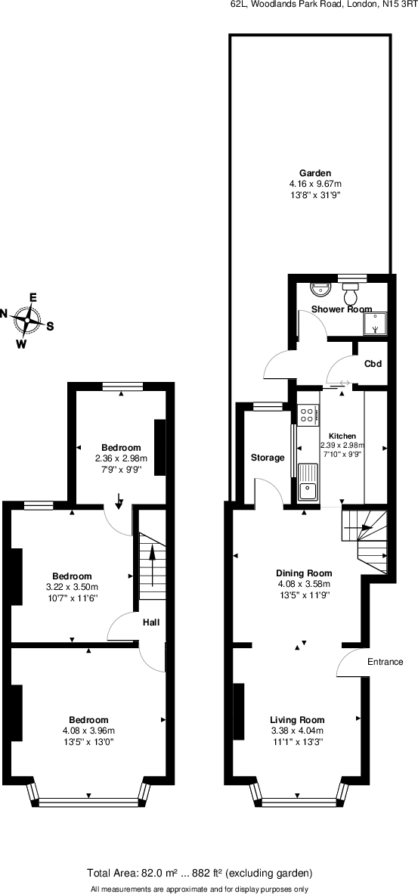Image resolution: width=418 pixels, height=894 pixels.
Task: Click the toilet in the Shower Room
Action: [350, 291]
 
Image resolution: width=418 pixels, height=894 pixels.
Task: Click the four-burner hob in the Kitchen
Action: [308, 414]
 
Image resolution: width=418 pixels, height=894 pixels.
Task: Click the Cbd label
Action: [373, 364]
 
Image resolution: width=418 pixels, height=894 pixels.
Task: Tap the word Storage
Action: [268, 458]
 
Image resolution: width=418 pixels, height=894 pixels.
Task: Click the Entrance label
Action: [385, 662]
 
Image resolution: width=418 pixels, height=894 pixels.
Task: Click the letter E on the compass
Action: [33, 297]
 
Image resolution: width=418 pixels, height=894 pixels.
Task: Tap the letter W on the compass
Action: [22, 345]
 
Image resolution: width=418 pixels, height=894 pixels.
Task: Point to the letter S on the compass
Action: [51, 327]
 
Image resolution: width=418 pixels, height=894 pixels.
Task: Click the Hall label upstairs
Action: [151, 622]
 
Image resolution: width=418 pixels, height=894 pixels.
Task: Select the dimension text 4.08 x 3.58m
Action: [303, 583]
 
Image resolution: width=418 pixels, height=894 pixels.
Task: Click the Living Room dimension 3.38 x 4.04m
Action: [297, 731]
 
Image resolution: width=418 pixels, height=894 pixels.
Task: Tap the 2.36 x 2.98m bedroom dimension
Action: [121, 458]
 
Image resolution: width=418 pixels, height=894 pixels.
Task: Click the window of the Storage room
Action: [266, 407]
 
